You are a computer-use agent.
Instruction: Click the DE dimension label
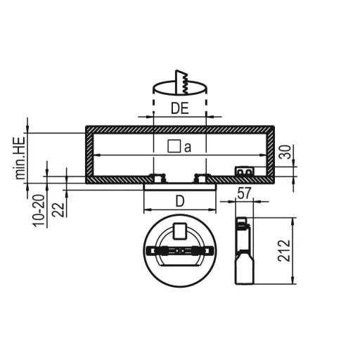(x=180, y=108)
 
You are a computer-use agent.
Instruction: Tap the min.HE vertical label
(x=20, y=158)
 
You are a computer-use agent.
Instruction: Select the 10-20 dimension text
(x=39, y=210)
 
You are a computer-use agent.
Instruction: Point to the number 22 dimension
(x=58, y=210)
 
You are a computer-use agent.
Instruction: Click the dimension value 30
(x=285, y=152)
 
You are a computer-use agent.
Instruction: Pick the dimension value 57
(x=244, y=193)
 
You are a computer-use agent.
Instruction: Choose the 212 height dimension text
(x=284, y=250)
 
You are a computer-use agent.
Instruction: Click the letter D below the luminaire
(x=180, y=201)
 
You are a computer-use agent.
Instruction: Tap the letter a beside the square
(x=188, y=148)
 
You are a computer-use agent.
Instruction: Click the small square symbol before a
(x=174, y=146)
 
